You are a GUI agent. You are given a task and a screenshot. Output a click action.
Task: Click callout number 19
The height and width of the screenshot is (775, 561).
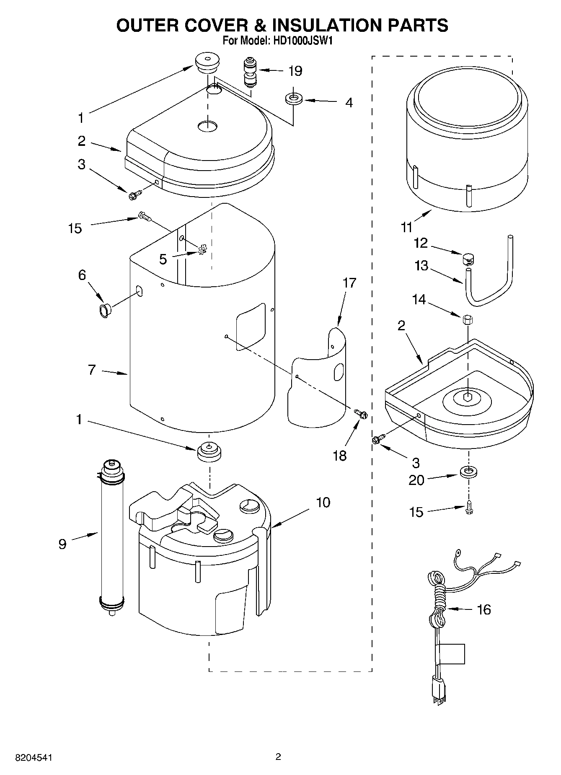[x=295, y=71]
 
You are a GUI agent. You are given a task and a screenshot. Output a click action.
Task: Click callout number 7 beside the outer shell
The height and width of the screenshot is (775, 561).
[x=92, y=370]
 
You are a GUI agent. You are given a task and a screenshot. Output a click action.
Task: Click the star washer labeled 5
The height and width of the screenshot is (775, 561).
[x=202, y=251]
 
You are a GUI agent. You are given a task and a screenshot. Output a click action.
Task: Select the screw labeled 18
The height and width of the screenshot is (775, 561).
[x=360, y=414]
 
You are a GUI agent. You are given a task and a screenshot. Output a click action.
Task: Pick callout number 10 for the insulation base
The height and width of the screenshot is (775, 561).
[x=323, y=502]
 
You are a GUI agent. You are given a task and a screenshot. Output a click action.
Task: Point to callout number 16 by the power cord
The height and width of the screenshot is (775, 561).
[x=483, y=609]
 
